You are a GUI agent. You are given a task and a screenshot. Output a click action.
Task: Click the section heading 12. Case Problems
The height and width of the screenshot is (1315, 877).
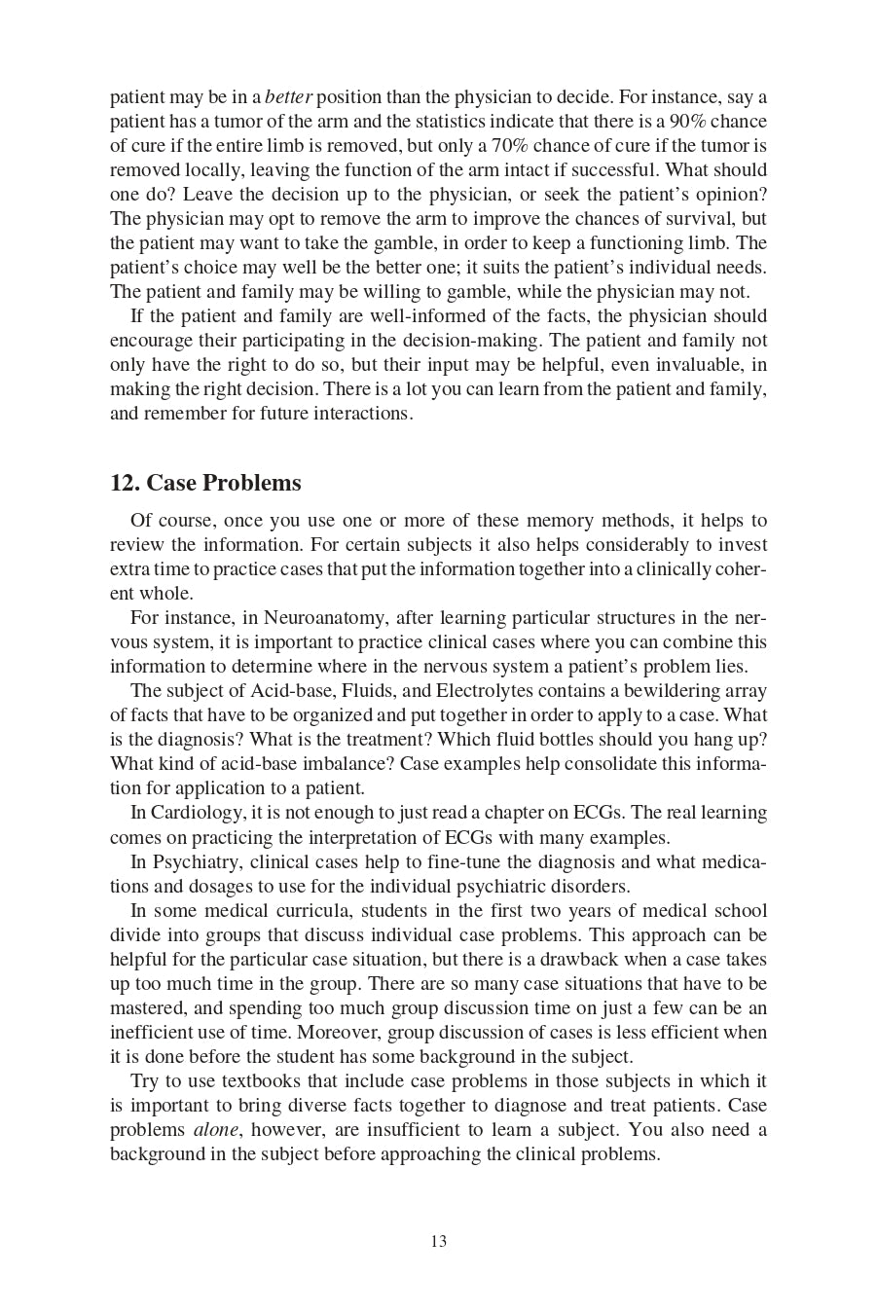[205, 483]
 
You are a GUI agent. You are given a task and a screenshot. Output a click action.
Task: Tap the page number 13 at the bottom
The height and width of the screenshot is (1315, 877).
[438, 1241]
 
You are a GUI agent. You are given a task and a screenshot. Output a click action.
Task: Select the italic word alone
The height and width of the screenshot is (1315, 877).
[216, 1130]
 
